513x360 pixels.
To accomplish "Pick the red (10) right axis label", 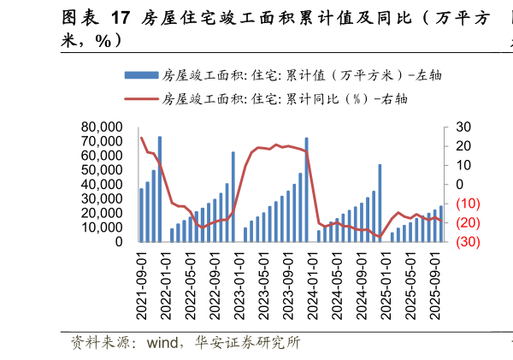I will tap(467, 204).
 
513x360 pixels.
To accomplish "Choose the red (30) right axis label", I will tap(467, 242).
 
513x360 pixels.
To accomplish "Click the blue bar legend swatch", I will tap(140, 76).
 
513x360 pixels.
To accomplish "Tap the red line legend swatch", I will tap(140, 98).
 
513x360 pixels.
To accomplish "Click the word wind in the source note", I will tap(163, 344).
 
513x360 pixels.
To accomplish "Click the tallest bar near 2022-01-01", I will tap(160, 189).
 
